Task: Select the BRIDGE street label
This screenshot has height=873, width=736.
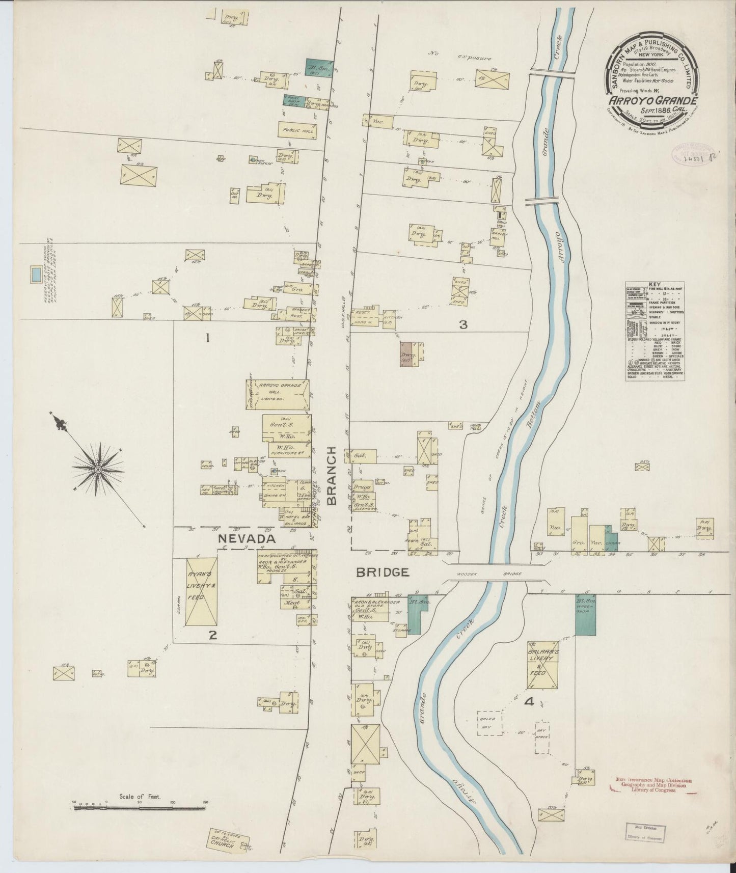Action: (384, 572)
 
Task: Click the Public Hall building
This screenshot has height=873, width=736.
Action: (297, 129)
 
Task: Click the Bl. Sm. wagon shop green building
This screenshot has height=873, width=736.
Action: (585, 614)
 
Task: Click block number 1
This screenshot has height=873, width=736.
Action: (207, 337)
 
